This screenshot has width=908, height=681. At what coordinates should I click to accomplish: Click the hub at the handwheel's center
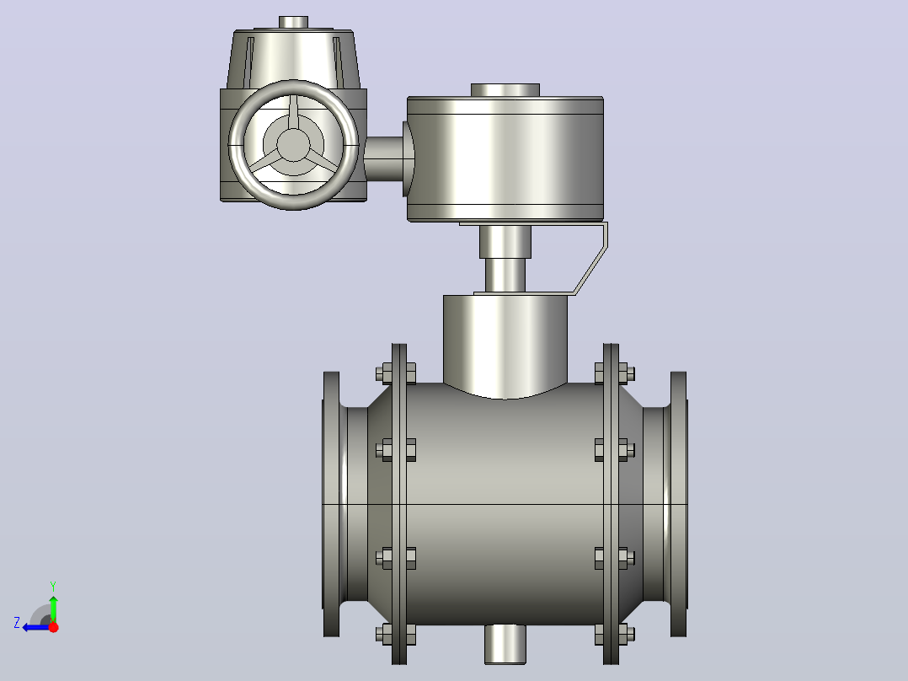click(x=293, y=145)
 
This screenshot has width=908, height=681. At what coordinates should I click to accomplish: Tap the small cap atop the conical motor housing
click(x=294, y=22)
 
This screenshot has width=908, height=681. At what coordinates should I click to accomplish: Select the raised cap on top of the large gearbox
click(x=505, y=90)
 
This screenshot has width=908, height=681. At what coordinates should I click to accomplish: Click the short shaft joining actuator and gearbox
click(x=384, y=158)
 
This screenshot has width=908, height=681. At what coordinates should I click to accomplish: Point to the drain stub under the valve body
click(x=505, y=644)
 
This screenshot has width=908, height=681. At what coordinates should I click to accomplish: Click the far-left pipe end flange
click(x=331, y=504)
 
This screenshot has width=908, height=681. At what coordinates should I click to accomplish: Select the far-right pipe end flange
click(x=679, y=504)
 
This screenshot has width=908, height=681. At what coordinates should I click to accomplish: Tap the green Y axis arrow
click(x=53, y=609)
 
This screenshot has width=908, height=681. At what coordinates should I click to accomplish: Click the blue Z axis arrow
click(x=37, y=628)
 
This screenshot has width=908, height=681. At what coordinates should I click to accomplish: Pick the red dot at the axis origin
click(x=53, y=627)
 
